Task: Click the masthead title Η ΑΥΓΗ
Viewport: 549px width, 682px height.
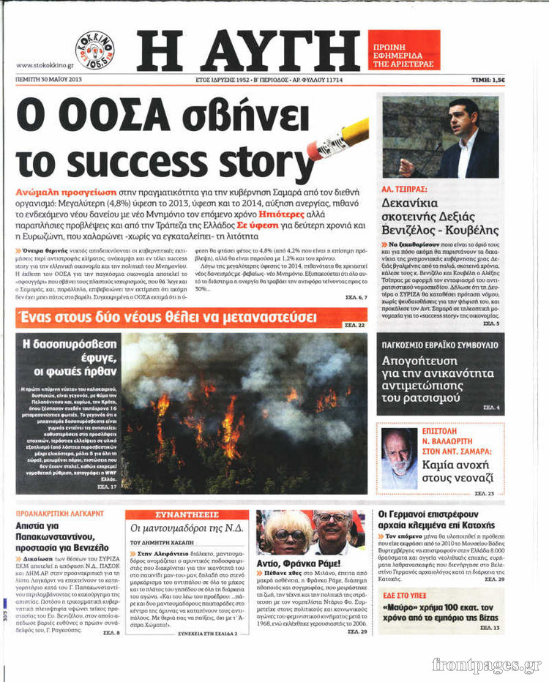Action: pos(248,50)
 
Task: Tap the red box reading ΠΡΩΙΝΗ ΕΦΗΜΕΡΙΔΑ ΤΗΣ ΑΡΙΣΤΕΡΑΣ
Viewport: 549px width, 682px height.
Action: pos(403,50)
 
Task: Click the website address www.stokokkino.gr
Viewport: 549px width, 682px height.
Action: pos(43,65)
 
